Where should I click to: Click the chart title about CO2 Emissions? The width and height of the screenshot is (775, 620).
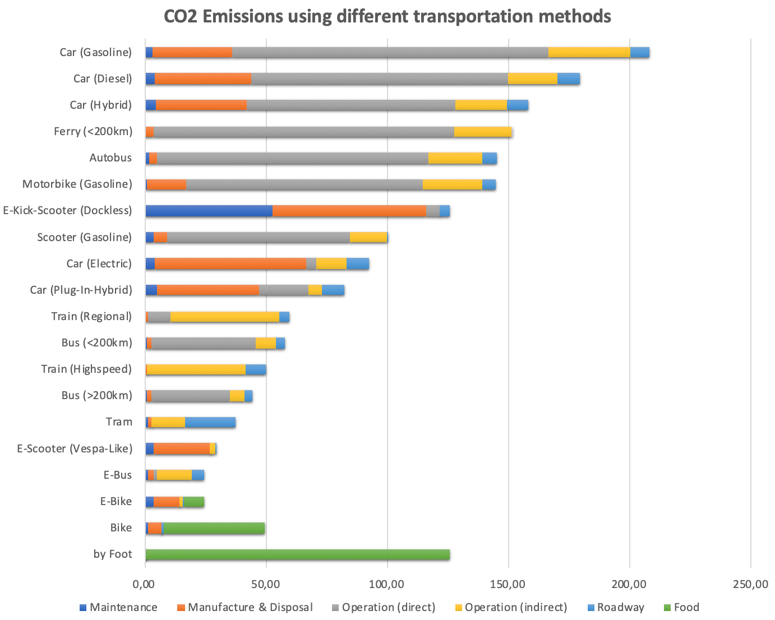pyautogui.click(x=387, y=16)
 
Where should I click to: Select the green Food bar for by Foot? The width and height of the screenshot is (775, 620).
pyautogui.click(x=297, y=554)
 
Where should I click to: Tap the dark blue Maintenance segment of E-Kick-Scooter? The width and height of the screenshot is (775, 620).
pyautogui.click(x=209, y=211)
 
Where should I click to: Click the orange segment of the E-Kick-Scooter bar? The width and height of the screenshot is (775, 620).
pyautogui.click(x=349, y=211)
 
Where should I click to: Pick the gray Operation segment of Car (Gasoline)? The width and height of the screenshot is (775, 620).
pyautogui.click(x=390, y=52)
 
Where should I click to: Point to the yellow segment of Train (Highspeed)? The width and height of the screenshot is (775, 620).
pyautogui.click(x=196, y=369)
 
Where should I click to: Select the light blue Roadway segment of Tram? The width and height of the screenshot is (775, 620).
pyautogui.click(x=210, y=422)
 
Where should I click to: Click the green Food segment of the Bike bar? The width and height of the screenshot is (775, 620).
pyautogui.click(x=214, y=528)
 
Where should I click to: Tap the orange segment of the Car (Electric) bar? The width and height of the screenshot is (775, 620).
pyautogui.click(x=230, y=263)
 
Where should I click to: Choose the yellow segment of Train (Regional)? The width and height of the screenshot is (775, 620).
pyautogui.click(x=224, y=317)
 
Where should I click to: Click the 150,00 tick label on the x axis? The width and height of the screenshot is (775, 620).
pyautogui.click(x=508, y=584)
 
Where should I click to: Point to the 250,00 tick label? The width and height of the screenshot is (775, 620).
pyautogui.click(x=750, y=584)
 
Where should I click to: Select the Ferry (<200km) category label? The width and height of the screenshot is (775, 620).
pyautogui.click(x=93, y=132)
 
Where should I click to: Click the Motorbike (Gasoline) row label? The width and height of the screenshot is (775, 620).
pyautogui.click(x=77, y=184)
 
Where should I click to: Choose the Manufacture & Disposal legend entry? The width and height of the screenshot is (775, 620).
pyautogui.click(x=250, y=608)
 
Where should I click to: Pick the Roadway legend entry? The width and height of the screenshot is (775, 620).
pyautogui.click(x=620, y=608)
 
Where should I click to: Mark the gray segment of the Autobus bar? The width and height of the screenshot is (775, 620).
pyautogui.click(x=292, y=158)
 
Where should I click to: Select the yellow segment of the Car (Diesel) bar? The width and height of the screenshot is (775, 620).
pyautogui.click(x=532, y=78)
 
